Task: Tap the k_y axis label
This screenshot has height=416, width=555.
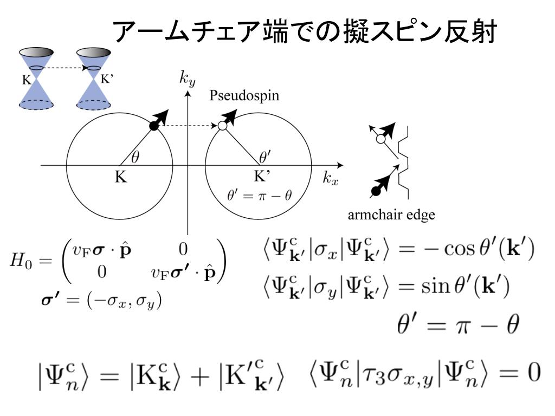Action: pyautogui.click(x=188, y=79)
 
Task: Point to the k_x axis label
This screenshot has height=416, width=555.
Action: pyautogui.click(x=331, y=178)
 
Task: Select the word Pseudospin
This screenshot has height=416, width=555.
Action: pyautogui.click(x=244, y=96)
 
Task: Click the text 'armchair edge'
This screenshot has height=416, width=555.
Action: pyautogui.click(x=391, y=215)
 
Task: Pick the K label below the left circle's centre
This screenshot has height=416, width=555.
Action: pyautogui.click(x=120, y=177)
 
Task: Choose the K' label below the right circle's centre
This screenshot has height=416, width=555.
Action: pyautogui.click(x=263, y=177)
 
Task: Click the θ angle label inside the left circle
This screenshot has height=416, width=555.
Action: pyautogui.click(x=135, y=157)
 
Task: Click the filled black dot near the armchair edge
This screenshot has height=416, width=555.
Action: pyautogui.click(x=374, y=191)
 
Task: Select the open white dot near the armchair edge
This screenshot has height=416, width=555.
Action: pyautogui.click(x=380, y=139)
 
